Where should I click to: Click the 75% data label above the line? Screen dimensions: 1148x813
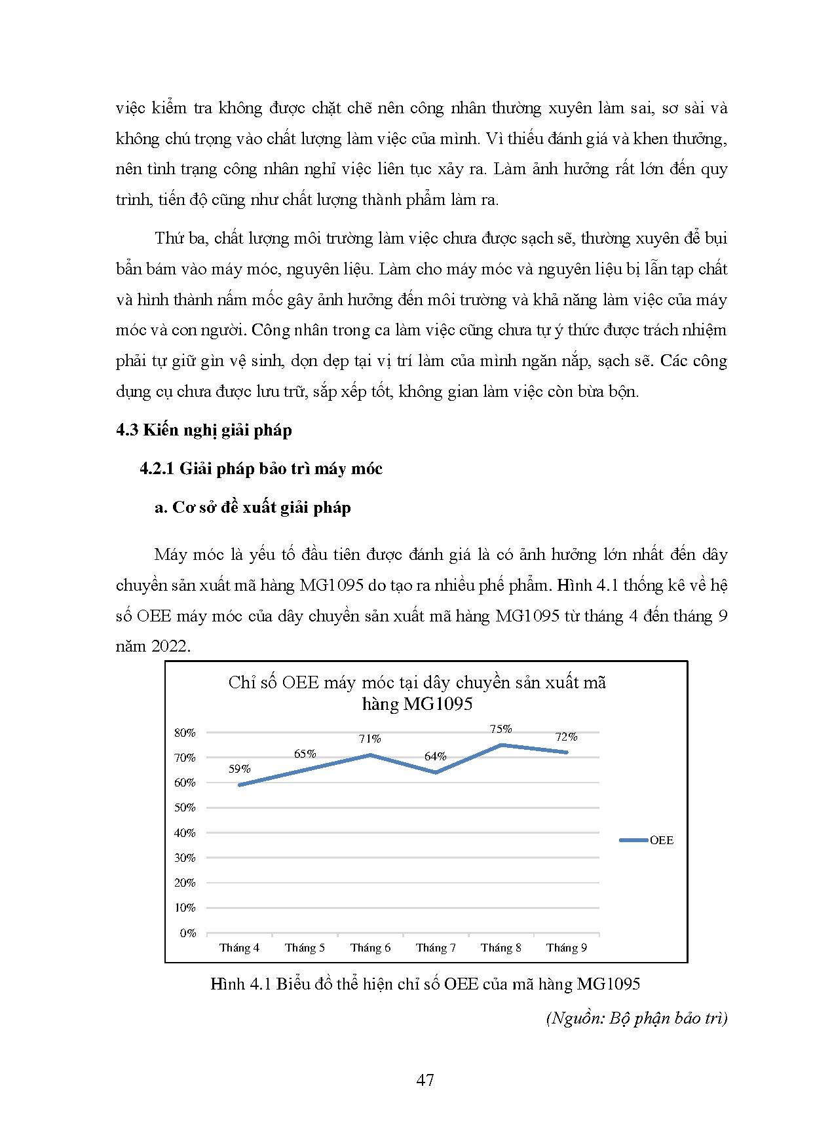(501, 729)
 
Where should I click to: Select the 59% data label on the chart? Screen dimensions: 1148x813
(239, 769)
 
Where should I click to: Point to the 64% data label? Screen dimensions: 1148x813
(435, 756)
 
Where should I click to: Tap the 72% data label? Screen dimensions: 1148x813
(566, 737)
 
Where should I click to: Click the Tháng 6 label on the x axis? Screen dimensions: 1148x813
(370, 948)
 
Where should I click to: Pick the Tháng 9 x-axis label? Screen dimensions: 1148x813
(567, 948)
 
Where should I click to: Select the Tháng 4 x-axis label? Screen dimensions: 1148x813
(239, 948)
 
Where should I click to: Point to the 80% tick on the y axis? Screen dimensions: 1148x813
(185, 733)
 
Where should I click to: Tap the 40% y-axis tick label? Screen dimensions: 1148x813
(185, 833)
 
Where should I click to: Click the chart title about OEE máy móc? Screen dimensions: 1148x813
(417, 693)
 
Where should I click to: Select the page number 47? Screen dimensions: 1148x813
(425, 1080)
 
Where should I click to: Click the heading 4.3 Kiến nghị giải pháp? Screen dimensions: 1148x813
(204, 430)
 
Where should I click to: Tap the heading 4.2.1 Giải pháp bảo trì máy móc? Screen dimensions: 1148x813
(261, 469)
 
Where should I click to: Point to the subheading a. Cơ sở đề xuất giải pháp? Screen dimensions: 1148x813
(252, 508)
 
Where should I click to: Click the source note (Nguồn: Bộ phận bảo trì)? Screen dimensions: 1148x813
(636, 1018)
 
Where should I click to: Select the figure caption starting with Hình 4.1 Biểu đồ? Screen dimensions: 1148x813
(425, 984)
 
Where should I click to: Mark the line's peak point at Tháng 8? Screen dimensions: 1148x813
(501, 745)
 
